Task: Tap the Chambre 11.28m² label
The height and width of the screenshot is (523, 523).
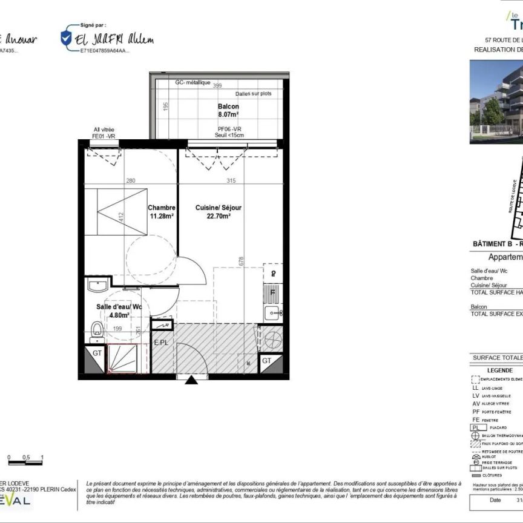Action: point(162,211)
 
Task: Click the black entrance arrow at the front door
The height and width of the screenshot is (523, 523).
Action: point(191,380)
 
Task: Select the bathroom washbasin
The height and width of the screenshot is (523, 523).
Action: point(97,285)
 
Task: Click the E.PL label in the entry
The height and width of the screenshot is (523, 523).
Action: point(161,342)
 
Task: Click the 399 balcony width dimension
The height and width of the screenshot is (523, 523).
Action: point(217,86)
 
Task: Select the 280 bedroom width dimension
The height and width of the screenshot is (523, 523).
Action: point(130,180)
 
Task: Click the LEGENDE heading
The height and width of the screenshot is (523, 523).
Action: point(500,370)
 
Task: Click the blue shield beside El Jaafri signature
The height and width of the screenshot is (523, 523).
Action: point(65,38)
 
